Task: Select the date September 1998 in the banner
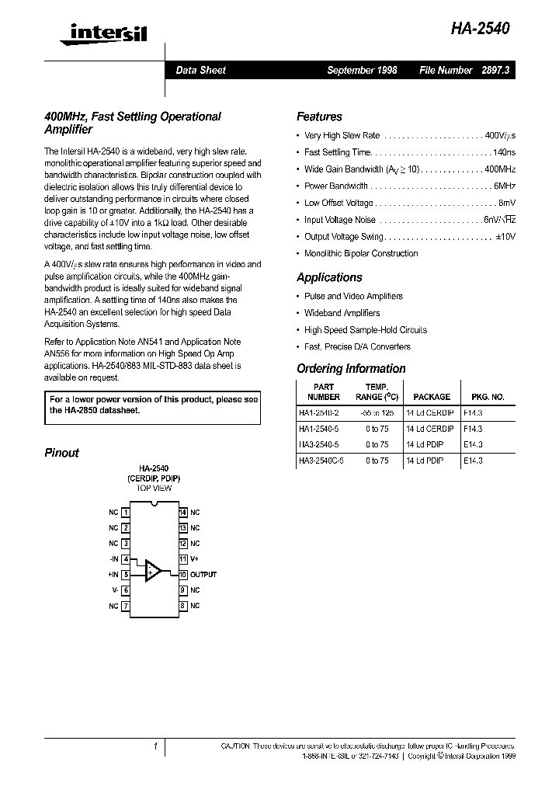[362, 70]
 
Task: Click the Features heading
[319, 117]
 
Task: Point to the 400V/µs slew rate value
[500, 135]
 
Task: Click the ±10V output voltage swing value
[505, 236]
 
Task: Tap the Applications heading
[329, 277]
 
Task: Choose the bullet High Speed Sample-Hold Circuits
[365, 330]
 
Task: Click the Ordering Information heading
[351, 369]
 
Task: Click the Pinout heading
[61, 453]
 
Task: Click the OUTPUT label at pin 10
[203, 575]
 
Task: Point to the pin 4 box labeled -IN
[126, 559]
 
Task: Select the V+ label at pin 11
[195, 559]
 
